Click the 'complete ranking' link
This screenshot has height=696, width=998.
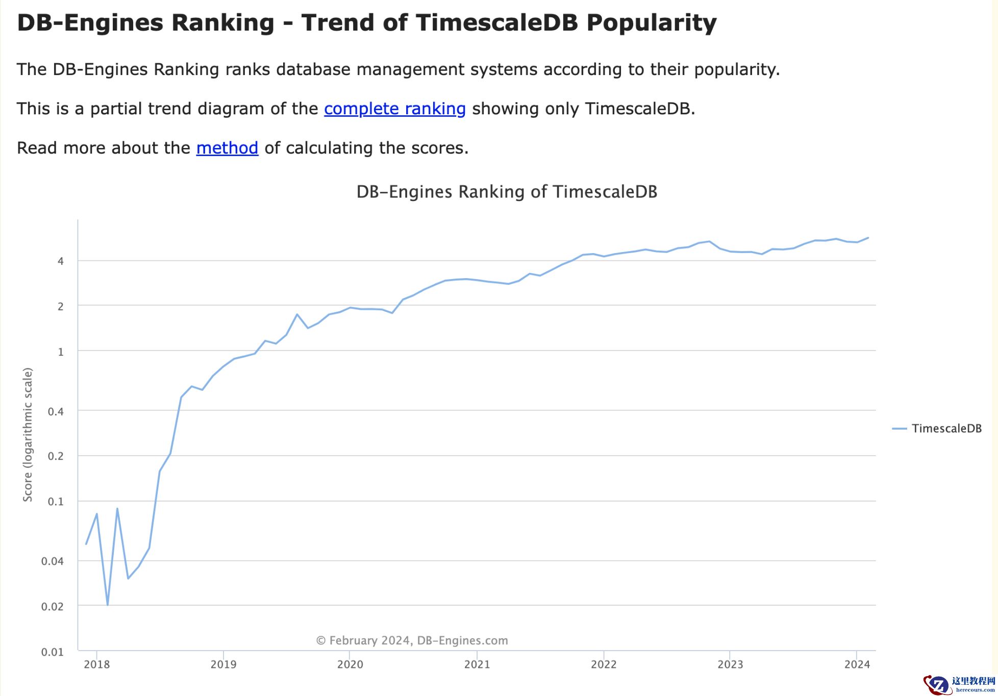[394, 109]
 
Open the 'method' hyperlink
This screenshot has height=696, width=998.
[227, 148]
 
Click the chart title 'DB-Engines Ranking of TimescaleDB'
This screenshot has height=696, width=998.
[506, 192]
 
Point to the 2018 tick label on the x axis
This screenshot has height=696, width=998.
[97, 664]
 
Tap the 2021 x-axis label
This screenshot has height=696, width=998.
[477, 664]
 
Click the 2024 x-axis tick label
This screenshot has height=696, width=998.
[857, 664]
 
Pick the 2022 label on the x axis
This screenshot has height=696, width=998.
[604, 664]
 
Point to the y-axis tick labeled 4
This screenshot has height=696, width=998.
[61, 261]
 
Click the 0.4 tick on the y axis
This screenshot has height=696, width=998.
[56, 411]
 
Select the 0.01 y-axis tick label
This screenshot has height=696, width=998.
[53, 652]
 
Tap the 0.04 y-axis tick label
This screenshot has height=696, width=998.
[53, 561]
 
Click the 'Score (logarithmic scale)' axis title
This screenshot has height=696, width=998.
[28, 435]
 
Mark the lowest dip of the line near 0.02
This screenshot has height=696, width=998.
[108, 605]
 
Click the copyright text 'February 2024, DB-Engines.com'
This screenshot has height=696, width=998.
[412, 640]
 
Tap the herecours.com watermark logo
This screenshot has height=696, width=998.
[959, 684]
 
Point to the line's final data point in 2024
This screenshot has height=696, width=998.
[868, 238]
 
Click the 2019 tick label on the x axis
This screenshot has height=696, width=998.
[223, 664]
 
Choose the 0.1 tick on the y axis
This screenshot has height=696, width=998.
[56, 502]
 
